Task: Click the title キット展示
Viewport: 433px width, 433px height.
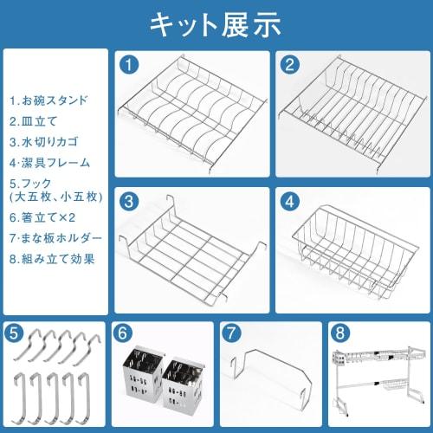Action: [216, 23]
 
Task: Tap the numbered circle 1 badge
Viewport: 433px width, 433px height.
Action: [128, 63]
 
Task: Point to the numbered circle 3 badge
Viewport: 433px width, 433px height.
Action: [128, 201]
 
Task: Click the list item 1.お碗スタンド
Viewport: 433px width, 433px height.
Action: [49, 100]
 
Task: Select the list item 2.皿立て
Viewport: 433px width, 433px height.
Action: [35, 120]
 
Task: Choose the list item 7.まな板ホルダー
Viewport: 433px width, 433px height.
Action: [55, 237]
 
